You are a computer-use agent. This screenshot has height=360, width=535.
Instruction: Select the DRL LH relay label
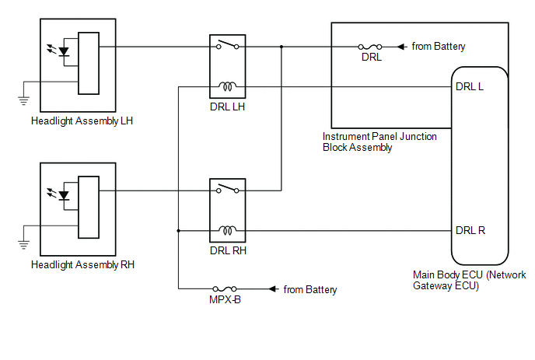click(x=226, y=106)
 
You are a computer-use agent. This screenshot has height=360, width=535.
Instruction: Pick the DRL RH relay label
click(x=226, y=250)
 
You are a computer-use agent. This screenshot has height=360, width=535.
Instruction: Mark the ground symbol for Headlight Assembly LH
click(x=23, y=99)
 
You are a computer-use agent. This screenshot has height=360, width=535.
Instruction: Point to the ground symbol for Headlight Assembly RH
click(x=23, y=243)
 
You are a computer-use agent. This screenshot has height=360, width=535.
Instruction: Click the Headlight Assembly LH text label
click(x=83, y=121)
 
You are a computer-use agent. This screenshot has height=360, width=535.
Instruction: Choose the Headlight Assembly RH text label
click(x=83, y=264)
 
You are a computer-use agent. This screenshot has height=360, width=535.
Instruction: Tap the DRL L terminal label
click(x=470, y=86)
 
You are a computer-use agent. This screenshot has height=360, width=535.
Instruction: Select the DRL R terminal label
click(x=470, y=230)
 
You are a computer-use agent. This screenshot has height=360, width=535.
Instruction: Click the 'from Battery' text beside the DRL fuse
click(x=439, y=47)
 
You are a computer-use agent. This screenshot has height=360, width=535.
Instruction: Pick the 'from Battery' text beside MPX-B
click(x=310, y=290)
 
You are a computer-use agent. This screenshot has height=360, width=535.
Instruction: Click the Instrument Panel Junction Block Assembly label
click(x=379, y=142)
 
